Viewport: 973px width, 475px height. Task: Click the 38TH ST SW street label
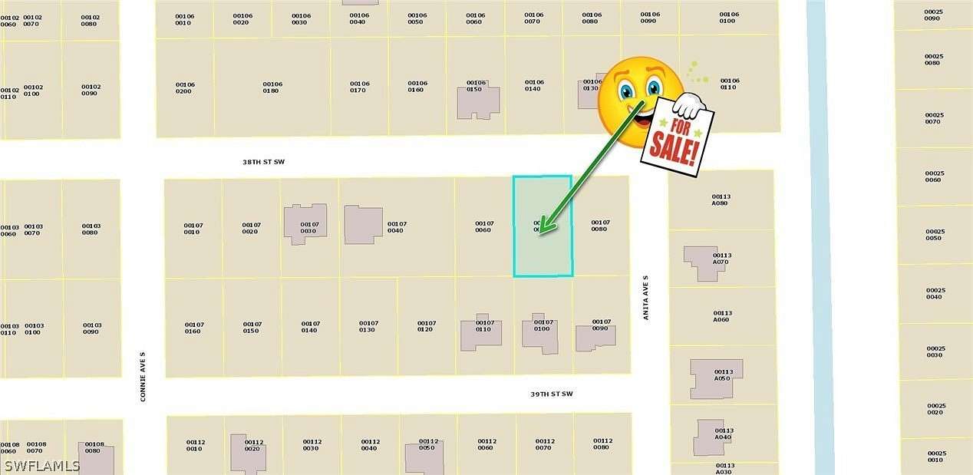[263, 163]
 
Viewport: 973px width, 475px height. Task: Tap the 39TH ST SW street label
[551, 394]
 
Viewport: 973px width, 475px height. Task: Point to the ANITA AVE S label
[646, 298]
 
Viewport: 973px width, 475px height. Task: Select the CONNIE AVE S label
[143, 377]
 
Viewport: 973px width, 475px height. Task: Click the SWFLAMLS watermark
[41, 466]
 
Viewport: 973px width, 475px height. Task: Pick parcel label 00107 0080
[599, 226]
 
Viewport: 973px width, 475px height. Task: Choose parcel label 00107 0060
[483, 226]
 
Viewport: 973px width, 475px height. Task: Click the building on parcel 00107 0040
[363, 225]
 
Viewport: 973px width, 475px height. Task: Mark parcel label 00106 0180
[272, 87]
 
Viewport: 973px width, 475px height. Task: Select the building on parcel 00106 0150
[477, 101]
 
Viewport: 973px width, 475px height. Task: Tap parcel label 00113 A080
[721, 200]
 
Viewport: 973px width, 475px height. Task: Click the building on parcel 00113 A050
[715, 379]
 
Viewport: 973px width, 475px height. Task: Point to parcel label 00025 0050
[935, 234]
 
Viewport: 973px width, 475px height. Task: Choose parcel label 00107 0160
[193, 327]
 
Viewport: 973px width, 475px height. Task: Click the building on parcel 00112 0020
[248, 452]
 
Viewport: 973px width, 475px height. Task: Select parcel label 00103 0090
[91, 328]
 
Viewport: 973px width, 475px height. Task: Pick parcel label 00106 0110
[729, 84]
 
